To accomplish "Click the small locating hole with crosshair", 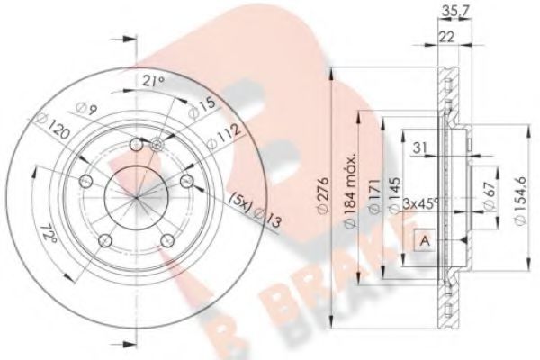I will click(x=157, y=142).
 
